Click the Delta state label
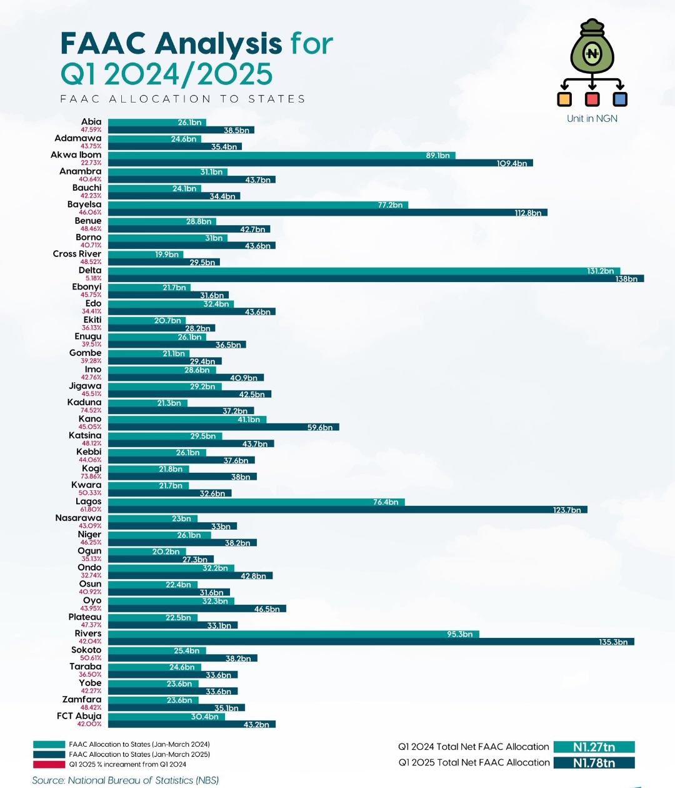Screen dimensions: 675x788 coord(90,270)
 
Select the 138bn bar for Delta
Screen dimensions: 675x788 coord(376,279)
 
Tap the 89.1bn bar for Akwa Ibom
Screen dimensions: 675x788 coord(282,156)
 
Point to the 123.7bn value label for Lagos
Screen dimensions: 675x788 coord(567,510)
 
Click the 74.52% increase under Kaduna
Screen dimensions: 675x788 coord(91,410)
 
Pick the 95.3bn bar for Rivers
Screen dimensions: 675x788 coord(294,634)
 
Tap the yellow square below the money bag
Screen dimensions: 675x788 coord(564,99)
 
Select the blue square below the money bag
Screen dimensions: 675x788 coord(620,99)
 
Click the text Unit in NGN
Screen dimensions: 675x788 coord(592,119)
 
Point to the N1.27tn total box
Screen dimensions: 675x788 coord(594,747)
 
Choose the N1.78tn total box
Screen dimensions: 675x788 coord(594,763)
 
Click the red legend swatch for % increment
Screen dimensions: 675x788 coord(49,764)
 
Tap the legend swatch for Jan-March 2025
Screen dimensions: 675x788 coord(49,754)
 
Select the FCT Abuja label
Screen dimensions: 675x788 coord(79,716)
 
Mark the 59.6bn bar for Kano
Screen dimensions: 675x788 coord(224,427)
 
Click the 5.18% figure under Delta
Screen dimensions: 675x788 coord(93,278)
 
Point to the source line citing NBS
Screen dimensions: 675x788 coord(126,780)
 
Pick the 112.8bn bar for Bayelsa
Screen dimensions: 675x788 coord(327,213)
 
